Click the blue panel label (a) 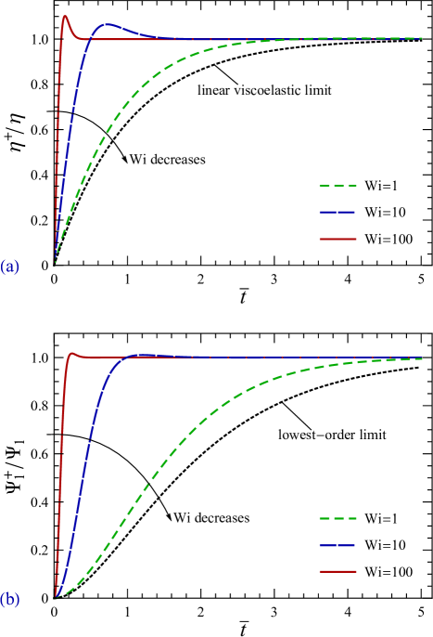click(10, 267)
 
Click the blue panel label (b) click(10, 600)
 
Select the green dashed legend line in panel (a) click(337, 186)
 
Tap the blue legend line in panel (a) click(337, 212)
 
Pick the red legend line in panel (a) click(337, 239)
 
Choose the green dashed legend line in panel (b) click(337, 518)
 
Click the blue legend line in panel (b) click(337, 545)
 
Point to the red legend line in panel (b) click(337, 571)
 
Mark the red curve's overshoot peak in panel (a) click(65, 16)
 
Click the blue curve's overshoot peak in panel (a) click(108, 25)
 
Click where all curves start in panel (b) click(56, 597)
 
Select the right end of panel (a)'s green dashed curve click(421, 38)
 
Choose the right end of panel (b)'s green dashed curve click(422, 358)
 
